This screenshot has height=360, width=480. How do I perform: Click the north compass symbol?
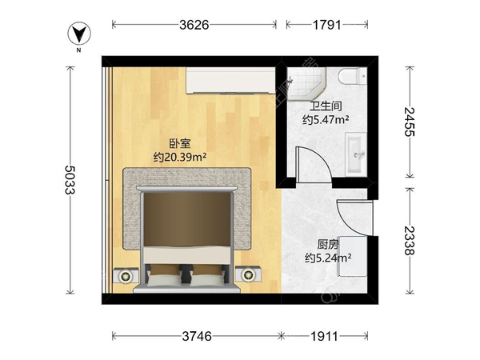click(x=79, y=34)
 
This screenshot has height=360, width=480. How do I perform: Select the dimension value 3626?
click(x=194, y=25)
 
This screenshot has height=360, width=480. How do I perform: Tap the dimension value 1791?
click(x=326, y=25)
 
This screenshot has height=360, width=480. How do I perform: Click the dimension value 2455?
click(x=410, y=121)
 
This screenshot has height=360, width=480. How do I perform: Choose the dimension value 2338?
click(x=410, y=240)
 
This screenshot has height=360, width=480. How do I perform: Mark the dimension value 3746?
click(x=195, y=336)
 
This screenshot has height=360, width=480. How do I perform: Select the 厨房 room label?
click(x=327, y=245)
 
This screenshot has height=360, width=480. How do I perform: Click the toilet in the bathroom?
click(x=350, y=76)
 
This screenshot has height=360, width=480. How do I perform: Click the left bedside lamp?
click(x=126, y=275)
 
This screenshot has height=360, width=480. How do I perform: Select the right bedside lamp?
click(x=250, y=275)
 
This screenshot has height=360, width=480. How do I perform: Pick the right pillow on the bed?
click(x=210, y=274)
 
